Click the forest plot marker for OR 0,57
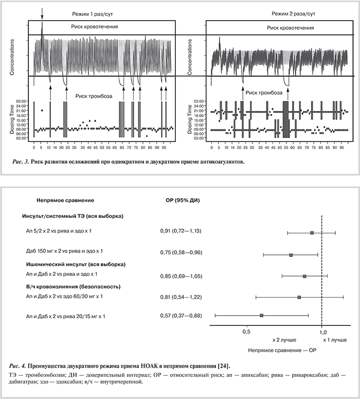(262, 315)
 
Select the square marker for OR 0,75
(291, 255)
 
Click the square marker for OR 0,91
(312, 233)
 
